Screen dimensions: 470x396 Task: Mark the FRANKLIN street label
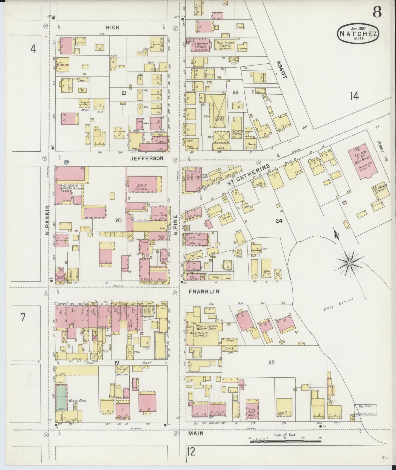coord(204,291)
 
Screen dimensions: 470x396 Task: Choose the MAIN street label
coord(196,433)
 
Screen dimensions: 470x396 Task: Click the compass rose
coord(349,263)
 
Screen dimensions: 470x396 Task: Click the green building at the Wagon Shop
coord(61,397)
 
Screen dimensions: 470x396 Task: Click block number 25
coord(271,362)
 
